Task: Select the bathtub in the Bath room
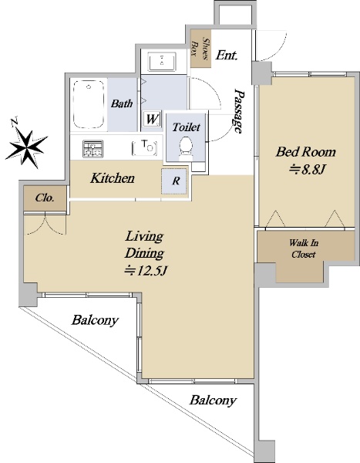89,104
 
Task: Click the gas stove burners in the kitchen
93,149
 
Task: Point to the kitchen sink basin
145,147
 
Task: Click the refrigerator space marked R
175,181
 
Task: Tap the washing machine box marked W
153,120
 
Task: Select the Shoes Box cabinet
200,49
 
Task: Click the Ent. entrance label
227,56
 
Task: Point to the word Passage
239,110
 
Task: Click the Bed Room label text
306,152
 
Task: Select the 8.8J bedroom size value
308,170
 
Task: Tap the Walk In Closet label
304,248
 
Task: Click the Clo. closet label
45,198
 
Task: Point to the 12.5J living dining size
146,271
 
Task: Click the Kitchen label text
113,178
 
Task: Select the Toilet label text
187,127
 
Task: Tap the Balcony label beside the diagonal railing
95,320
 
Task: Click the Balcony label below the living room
213,400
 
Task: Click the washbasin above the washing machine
162,62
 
